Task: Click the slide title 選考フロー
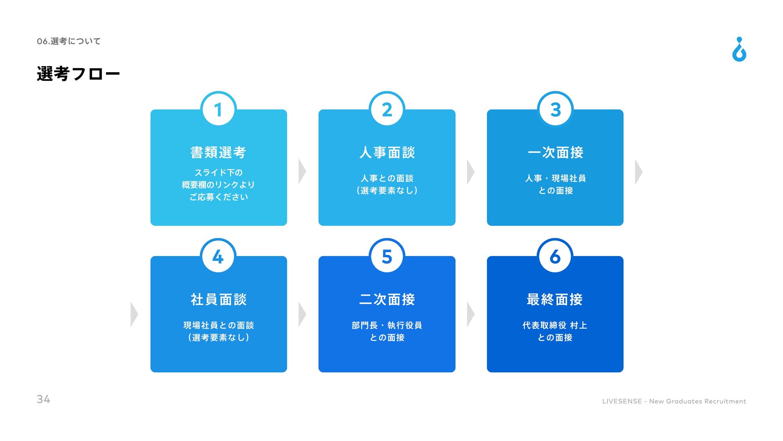[x=78, y=74]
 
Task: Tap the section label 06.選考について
[x=69, y=41]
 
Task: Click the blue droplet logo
[x=739, y=50]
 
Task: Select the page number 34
[x=43, y=399]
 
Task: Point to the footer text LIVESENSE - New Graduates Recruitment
[x=674, y=401]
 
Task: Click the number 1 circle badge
[x=219, y=109]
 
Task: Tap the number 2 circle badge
[x=387, y=109]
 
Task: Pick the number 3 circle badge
[x=555, y=109]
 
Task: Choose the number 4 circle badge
[x=219, y=256]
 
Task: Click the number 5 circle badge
[x=387, y=256]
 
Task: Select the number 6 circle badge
[x=555, y=256]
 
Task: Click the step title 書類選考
[x=219, y=152]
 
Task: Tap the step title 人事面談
[x=387, y=152]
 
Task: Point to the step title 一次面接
[x=555, y=152]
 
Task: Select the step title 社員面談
[x=219, y=299]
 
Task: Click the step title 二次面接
[x=387, y=299]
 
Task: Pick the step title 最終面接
[x=555, y=299]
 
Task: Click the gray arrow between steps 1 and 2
[x=302, y=171]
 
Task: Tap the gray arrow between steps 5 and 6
[x=470, y=314]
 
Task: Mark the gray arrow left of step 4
[x=134, y=314]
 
